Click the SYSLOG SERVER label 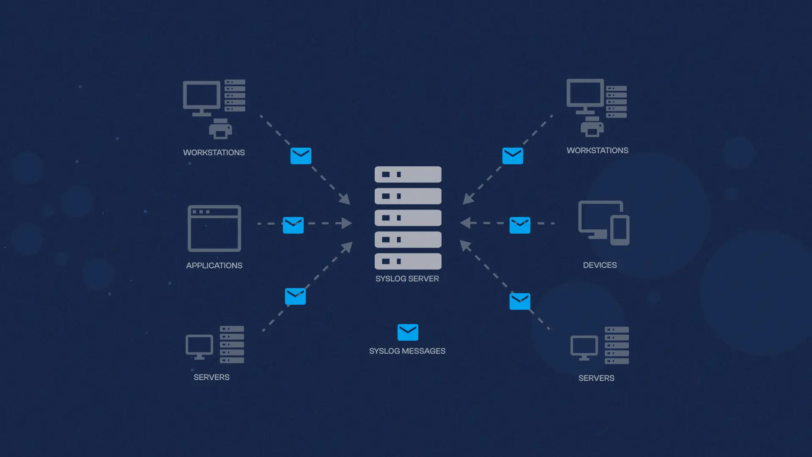point(407,279)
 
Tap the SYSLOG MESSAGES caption point(407,351)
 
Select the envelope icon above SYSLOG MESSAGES point(408,333)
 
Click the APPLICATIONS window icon point(214,228)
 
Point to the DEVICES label point(600,265)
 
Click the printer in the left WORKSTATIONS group point(220,129)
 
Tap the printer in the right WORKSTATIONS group point(592,127)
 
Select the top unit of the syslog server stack point(408,174)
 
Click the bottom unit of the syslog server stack point(408,262)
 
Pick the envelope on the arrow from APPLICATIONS point(293,225)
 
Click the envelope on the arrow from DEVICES point(520,225)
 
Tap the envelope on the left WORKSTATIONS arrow point(301,156)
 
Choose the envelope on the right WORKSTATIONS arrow point(513,156)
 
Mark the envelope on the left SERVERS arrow point(295,296)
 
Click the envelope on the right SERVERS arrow point(520,301)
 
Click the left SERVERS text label point(211,377)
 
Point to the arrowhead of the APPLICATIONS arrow point(347,223)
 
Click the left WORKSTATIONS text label point(214,153)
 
